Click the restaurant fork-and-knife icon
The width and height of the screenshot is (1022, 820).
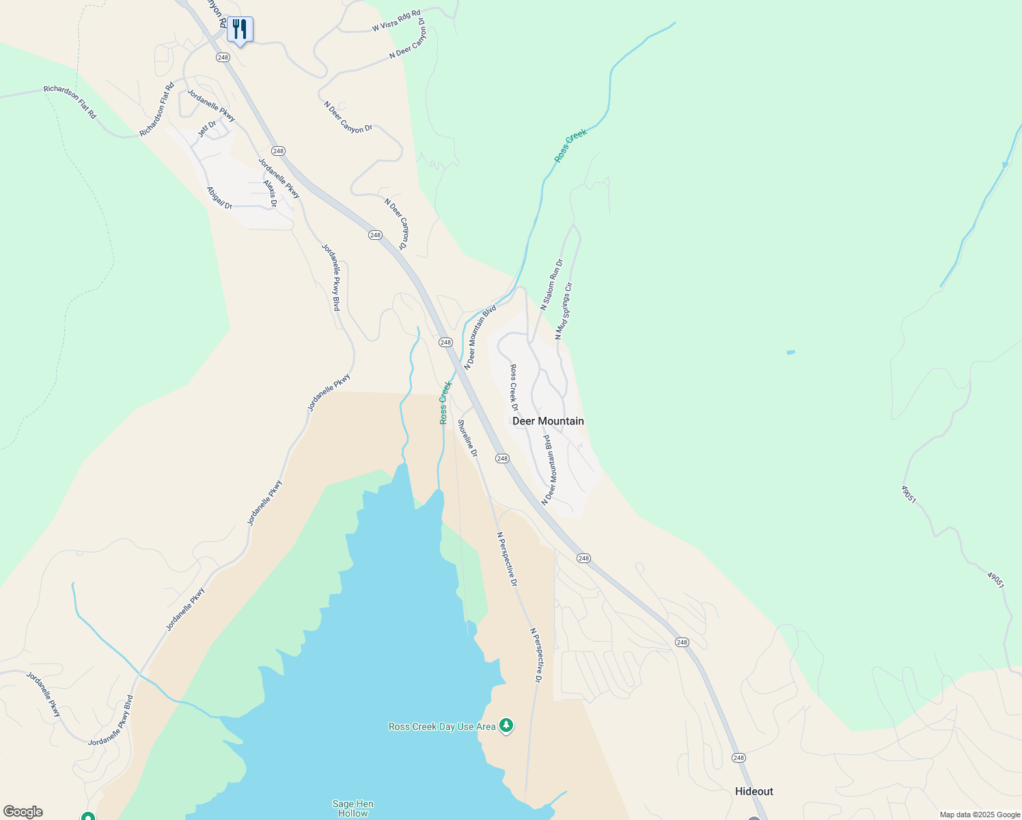239,29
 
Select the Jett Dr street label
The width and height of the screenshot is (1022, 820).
207,128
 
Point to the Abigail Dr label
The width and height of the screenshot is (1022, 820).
220,197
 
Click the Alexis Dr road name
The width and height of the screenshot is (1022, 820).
271,193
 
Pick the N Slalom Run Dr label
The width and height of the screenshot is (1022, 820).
551,284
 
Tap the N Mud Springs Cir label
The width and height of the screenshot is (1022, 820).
564,311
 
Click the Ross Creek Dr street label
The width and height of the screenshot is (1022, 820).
514,387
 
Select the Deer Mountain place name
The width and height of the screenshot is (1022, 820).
548,421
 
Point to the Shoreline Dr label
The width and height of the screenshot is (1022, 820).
467,438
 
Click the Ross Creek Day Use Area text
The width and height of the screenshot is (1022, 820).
442,726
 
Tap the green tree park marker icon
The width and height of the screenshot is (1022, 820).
506,725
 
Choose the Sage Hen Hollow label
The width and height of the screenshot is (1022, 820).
353,808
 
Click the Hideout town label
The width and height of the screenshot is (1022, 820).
754,791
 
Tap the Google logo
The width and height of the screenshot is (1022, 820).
23,812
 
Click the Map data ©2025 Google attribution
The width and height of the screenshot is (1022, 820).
979,815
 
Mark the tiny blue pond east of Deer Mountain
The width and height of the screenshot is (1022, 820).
790,353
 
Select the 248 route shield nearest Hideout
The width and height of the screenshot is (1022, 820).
738,758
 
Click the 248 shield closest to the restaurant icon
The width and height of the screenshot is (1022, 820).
223,57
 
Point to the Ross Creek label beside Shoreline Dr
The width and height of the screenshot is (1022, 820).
445,402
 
